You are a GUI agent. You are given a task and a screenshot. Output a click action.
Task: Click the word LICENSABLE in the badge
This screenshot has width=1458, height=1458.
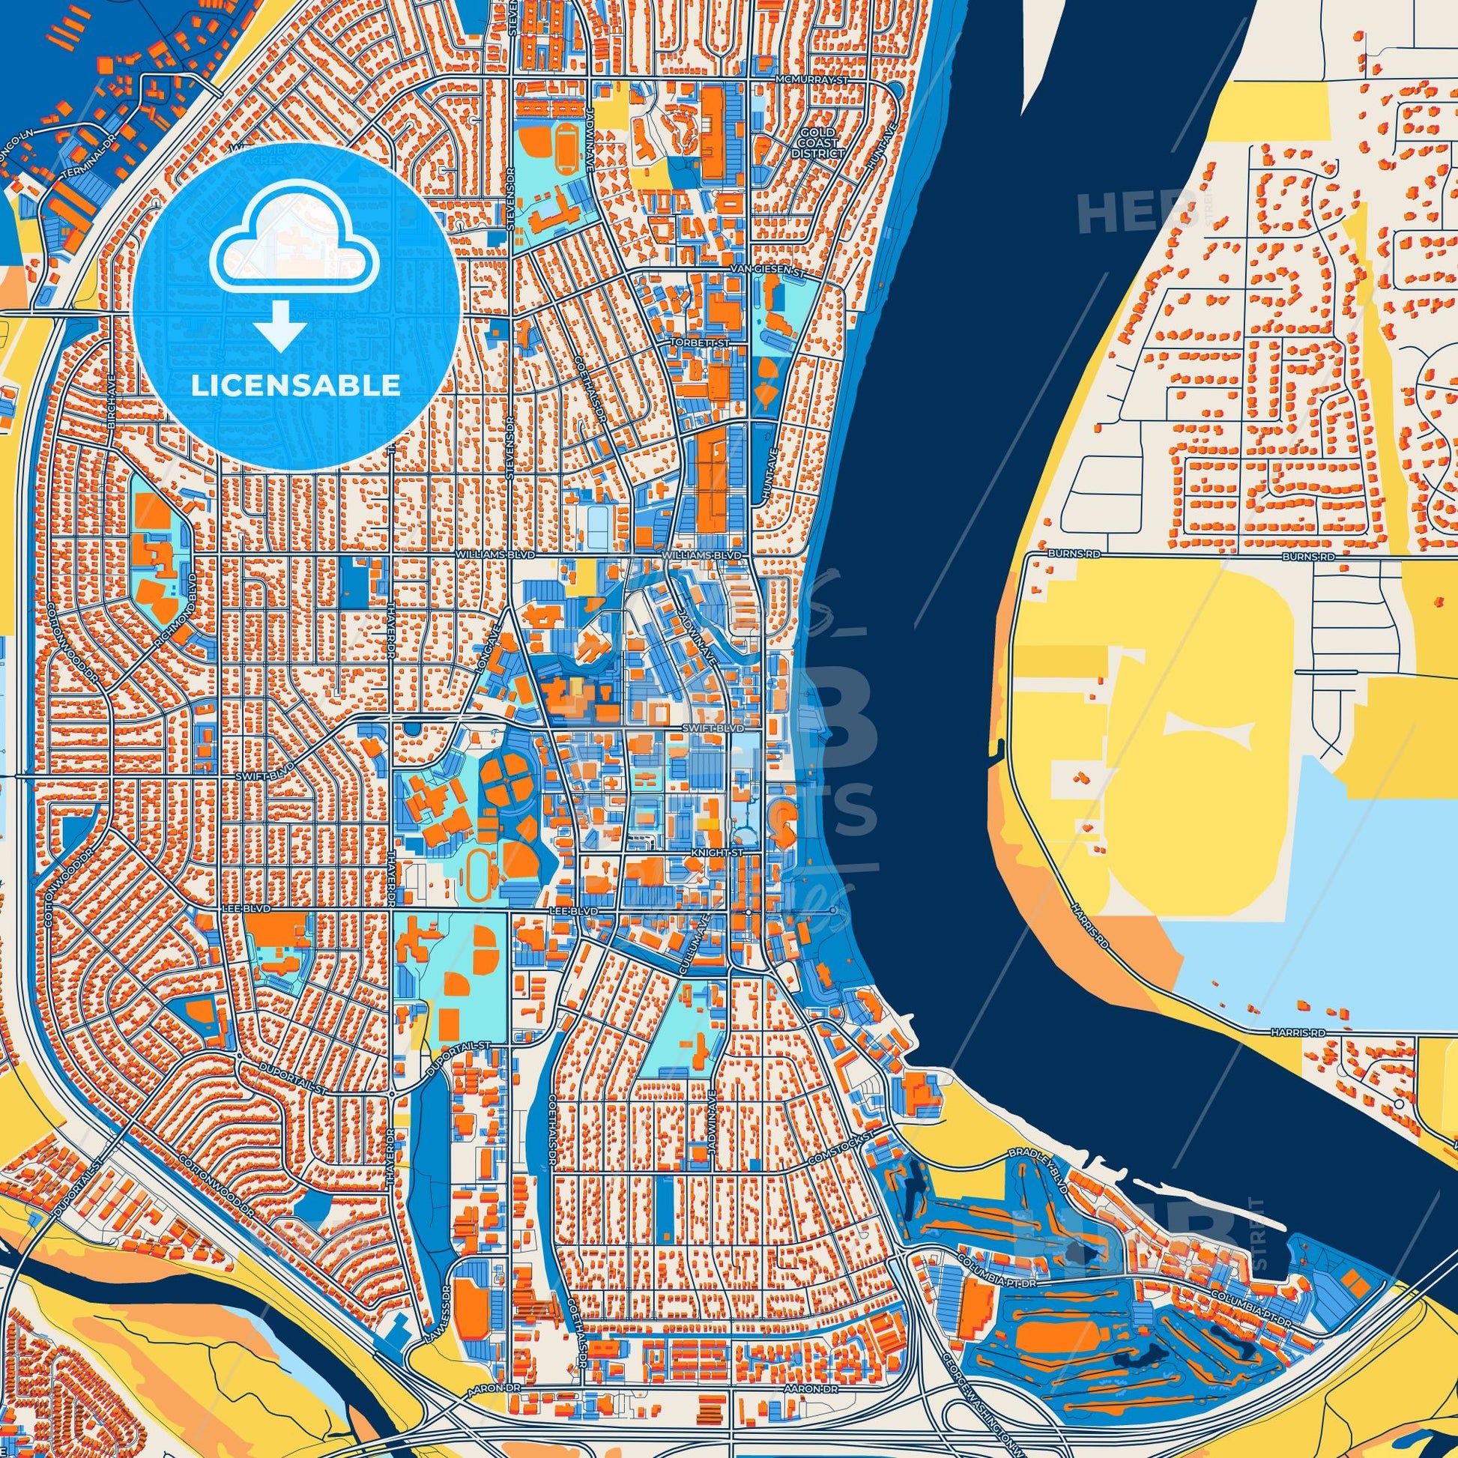click(296, 386)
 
